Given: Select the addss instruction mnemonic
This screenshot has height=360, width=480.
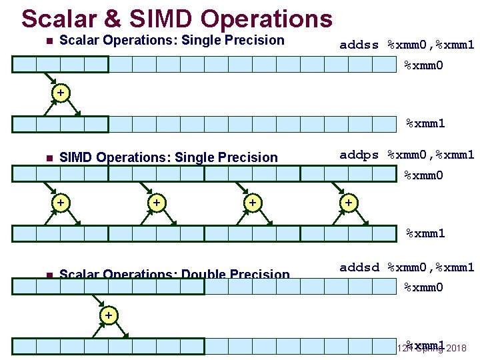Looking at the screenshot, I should click(x=359, y=45).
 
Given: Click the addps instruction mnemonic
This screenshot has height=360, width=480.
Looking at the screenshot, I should click(x=359, y=155).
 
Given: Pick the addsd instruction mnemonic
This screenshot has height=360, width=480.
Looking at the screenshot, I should click(x=359, y=267).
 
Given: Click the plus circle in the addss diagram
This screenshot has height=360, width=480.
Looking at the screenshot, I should click(x=61, y=93).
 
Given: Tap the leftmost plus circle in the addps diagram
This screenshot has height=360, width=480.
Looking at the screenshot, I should click(x=61, y=201).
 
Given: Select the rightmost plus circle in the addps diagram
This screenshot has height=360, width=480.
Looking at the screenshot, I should click(x=348, y=201).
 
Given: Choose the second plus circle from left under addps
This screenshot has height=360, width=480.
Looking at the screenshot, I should click(x=156, y=201).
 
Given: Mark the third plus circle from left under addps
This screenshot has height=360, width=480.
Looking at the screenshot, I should click(x=252, y=201).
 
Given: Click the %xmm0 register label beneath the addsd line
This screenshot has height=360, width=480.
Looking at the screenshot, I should click(x=424, y=287).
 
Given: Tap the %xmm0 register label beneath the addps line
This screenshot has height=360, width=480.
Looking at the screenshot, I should click(x=424, y=176).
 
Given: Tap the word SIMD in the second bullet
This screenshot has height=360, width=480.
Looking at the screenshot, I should click(x=76, y=157).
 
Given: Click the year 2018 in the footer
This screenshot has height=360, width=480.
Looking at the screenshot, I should click(x=457, y=348).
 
